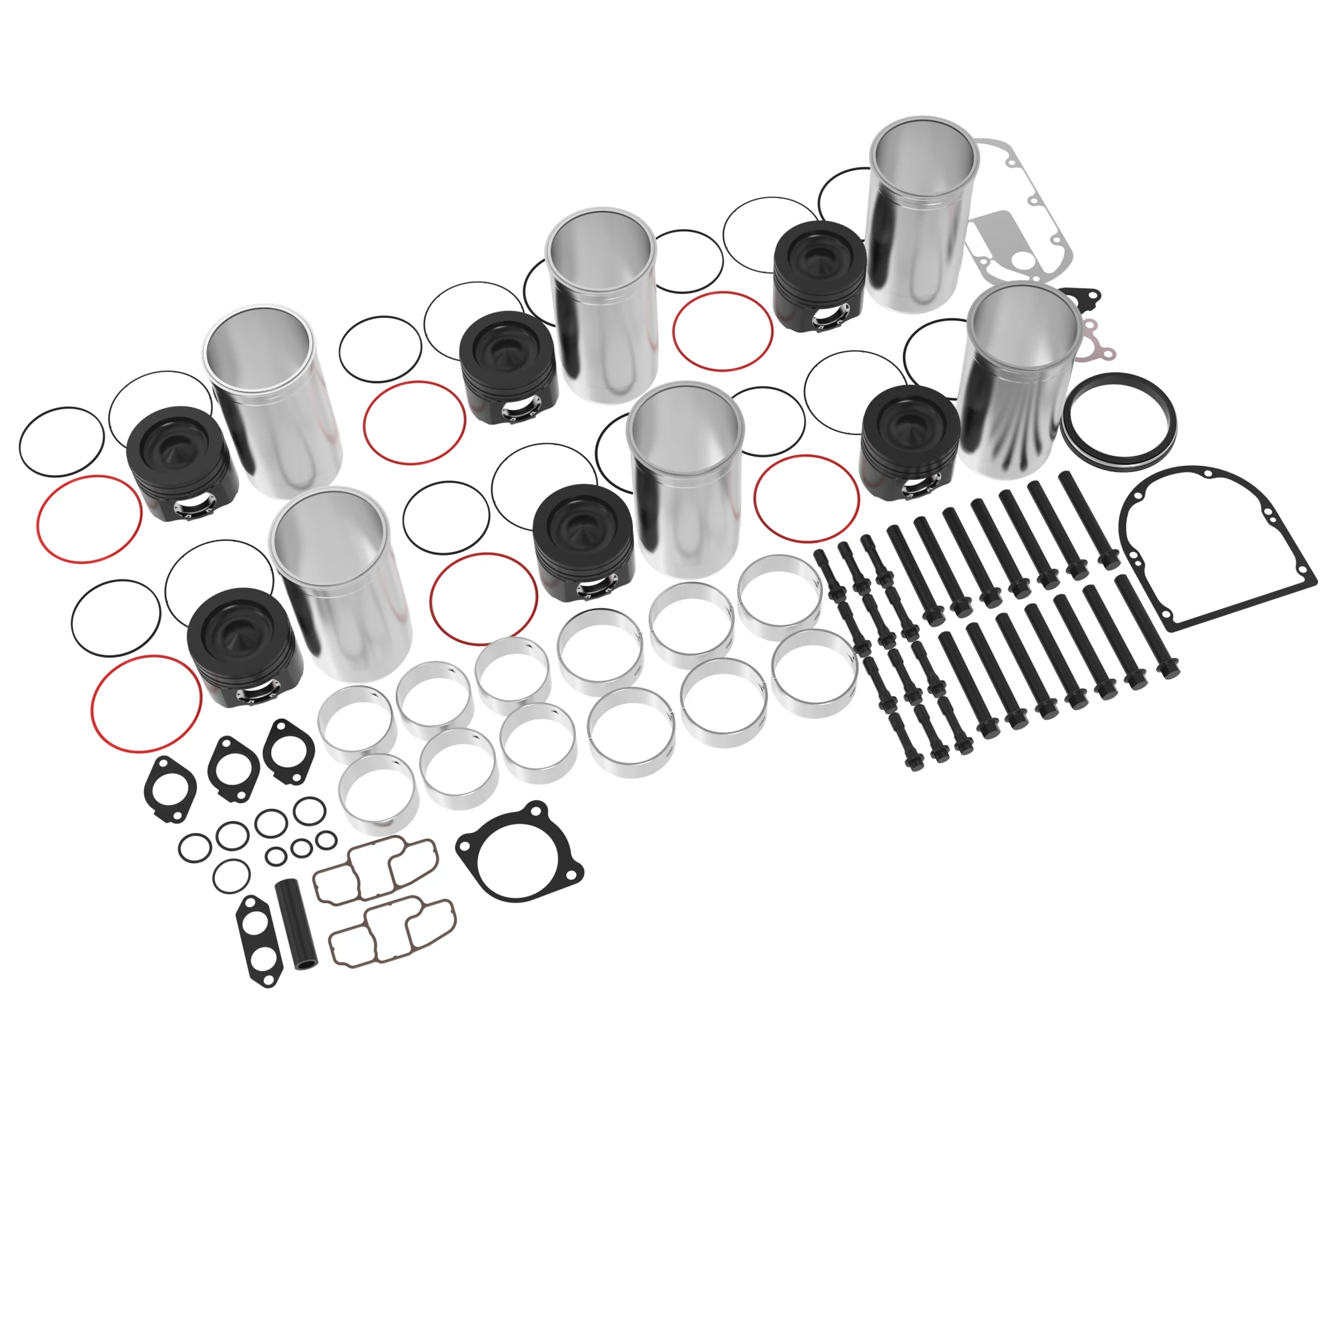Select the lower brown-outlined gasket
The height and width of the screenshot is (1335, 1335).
(x=392, y=930)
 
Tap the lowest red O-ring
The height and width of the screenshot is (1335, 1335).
(x=146, y=704)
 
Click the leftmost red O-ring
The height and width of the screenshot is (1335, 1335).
(x=90, y=519)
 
